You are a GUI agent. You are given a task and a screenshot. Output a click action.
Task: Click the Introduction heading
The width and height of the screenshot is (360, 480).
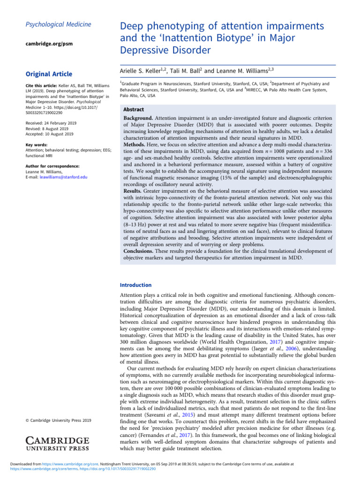pyautogui.click(x=135, y=285)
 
